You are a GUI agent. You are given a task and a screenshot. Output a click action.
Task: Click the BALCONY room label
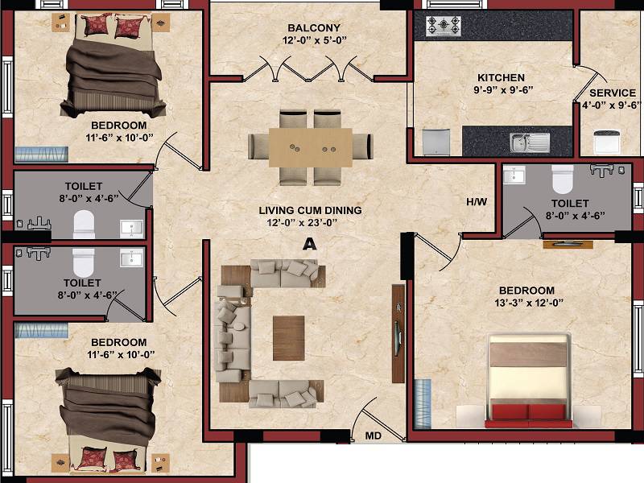pos(310,27)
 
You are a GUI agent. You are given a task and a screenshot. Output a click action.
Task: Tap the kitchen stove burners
pos(443,27)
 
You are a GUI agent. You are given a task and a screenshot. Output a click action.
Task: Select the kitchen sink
pos(529,142)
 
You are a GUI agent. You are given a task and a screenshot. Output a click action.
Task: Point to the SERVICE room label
pos(613,93)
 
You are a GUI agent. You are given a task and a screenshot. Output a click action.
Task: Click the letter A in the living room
pos(308,246)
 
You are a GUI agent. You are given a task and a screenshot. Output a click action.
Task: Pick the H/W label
pos(477,201)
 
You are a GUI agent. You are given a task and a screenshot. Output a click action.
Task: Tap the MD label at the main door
pos(374,436)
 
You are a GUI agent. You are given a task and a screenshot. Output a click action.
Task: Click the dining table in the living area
pos(310,147)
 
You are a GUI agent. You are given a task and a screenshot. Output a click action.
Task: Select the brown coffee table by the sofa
pos(288,336)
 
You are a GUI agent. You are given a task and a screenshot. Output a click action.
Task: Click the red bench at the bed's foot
pos(527,414)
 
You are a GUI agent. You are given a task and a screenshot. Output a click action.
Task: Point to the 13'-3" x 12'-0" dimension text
pos(526,303)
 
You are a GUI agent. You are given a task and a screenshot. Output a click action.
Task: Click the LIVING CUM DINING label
pos(310,210)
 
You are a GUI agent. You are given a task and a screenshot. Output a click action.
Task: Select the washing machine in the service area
pos(607,141)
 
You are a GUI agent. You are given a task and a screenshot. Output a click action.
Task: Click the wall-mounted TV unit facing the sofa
pos(397,332)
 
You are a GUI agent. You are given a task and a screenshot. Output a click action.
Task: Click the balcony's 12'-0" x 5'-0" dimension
pos(310,39)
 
